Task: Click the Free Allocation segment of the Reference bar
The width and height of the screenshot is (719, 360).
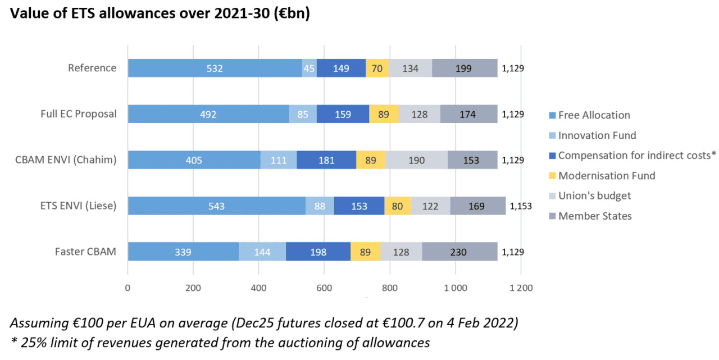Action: coord(215,68)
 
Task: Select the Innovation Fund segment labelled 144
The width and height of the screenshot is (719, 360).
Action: coord(262,252)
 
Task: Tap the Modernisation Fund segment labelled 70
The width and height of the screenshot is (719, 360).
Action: coord(377,68)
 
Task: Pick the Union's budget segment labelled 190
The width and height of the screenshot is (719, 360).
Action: coord(416,160)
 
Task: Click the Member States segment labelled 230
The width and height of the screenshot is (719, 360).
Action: coord(459,252)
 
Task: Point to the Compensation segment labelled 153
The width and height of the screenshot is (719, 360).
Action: coord(359,206)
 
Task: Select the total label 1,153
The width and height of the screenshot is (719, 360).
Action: coord(520,206)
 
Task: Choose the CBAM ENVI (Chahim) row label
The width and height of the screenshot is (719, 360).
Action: coord(66,160)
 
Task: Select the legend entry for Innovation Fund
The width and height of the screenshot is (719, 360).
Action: coord(597,135)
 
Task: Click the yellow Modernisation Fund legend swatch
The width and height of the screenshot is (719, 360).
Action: coord(552,176)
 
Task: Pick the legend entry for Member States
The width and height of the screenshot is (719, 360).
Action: coord(594,216)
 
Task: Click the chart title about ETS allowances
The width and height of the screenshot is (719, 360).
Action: coord(159,13)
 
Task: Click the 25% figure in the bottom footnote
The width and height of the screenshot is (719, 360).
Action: coord(30,342)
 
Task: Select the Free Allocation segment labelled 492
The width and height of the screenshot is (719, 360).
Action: coord(208,114)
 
